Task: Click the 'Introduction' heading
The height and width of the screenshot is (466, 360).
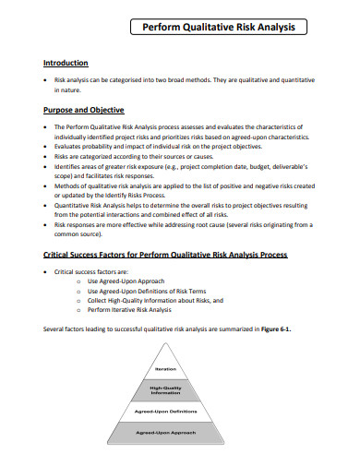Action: click(66, 63)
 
